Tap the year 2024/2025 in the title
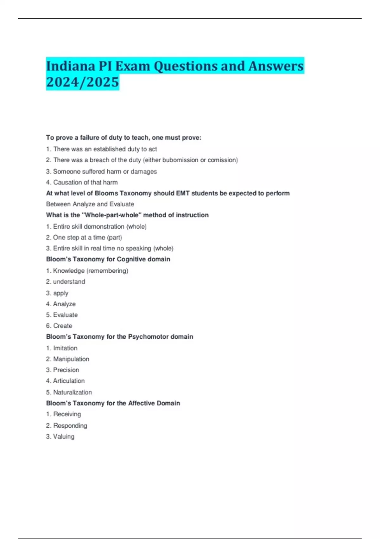(82, 82)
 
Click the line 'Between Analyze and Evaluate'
(90, 204)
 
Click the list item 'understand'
(69, 282)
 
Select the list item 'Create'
(63, 326)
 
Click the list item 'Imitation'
(65, 348)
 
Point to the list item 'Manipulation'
(71, 359)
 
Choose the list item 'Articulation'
(69, 381)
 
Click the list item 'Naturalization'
(73, 392)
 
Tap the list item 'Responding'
(70, 425)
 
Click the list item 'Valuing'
(64, 437)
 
